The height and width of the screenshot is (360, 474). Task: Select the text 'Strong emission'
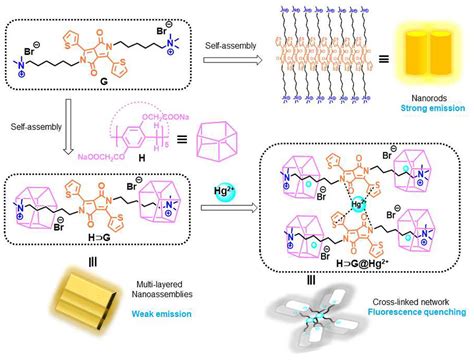tap(432, 105)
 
